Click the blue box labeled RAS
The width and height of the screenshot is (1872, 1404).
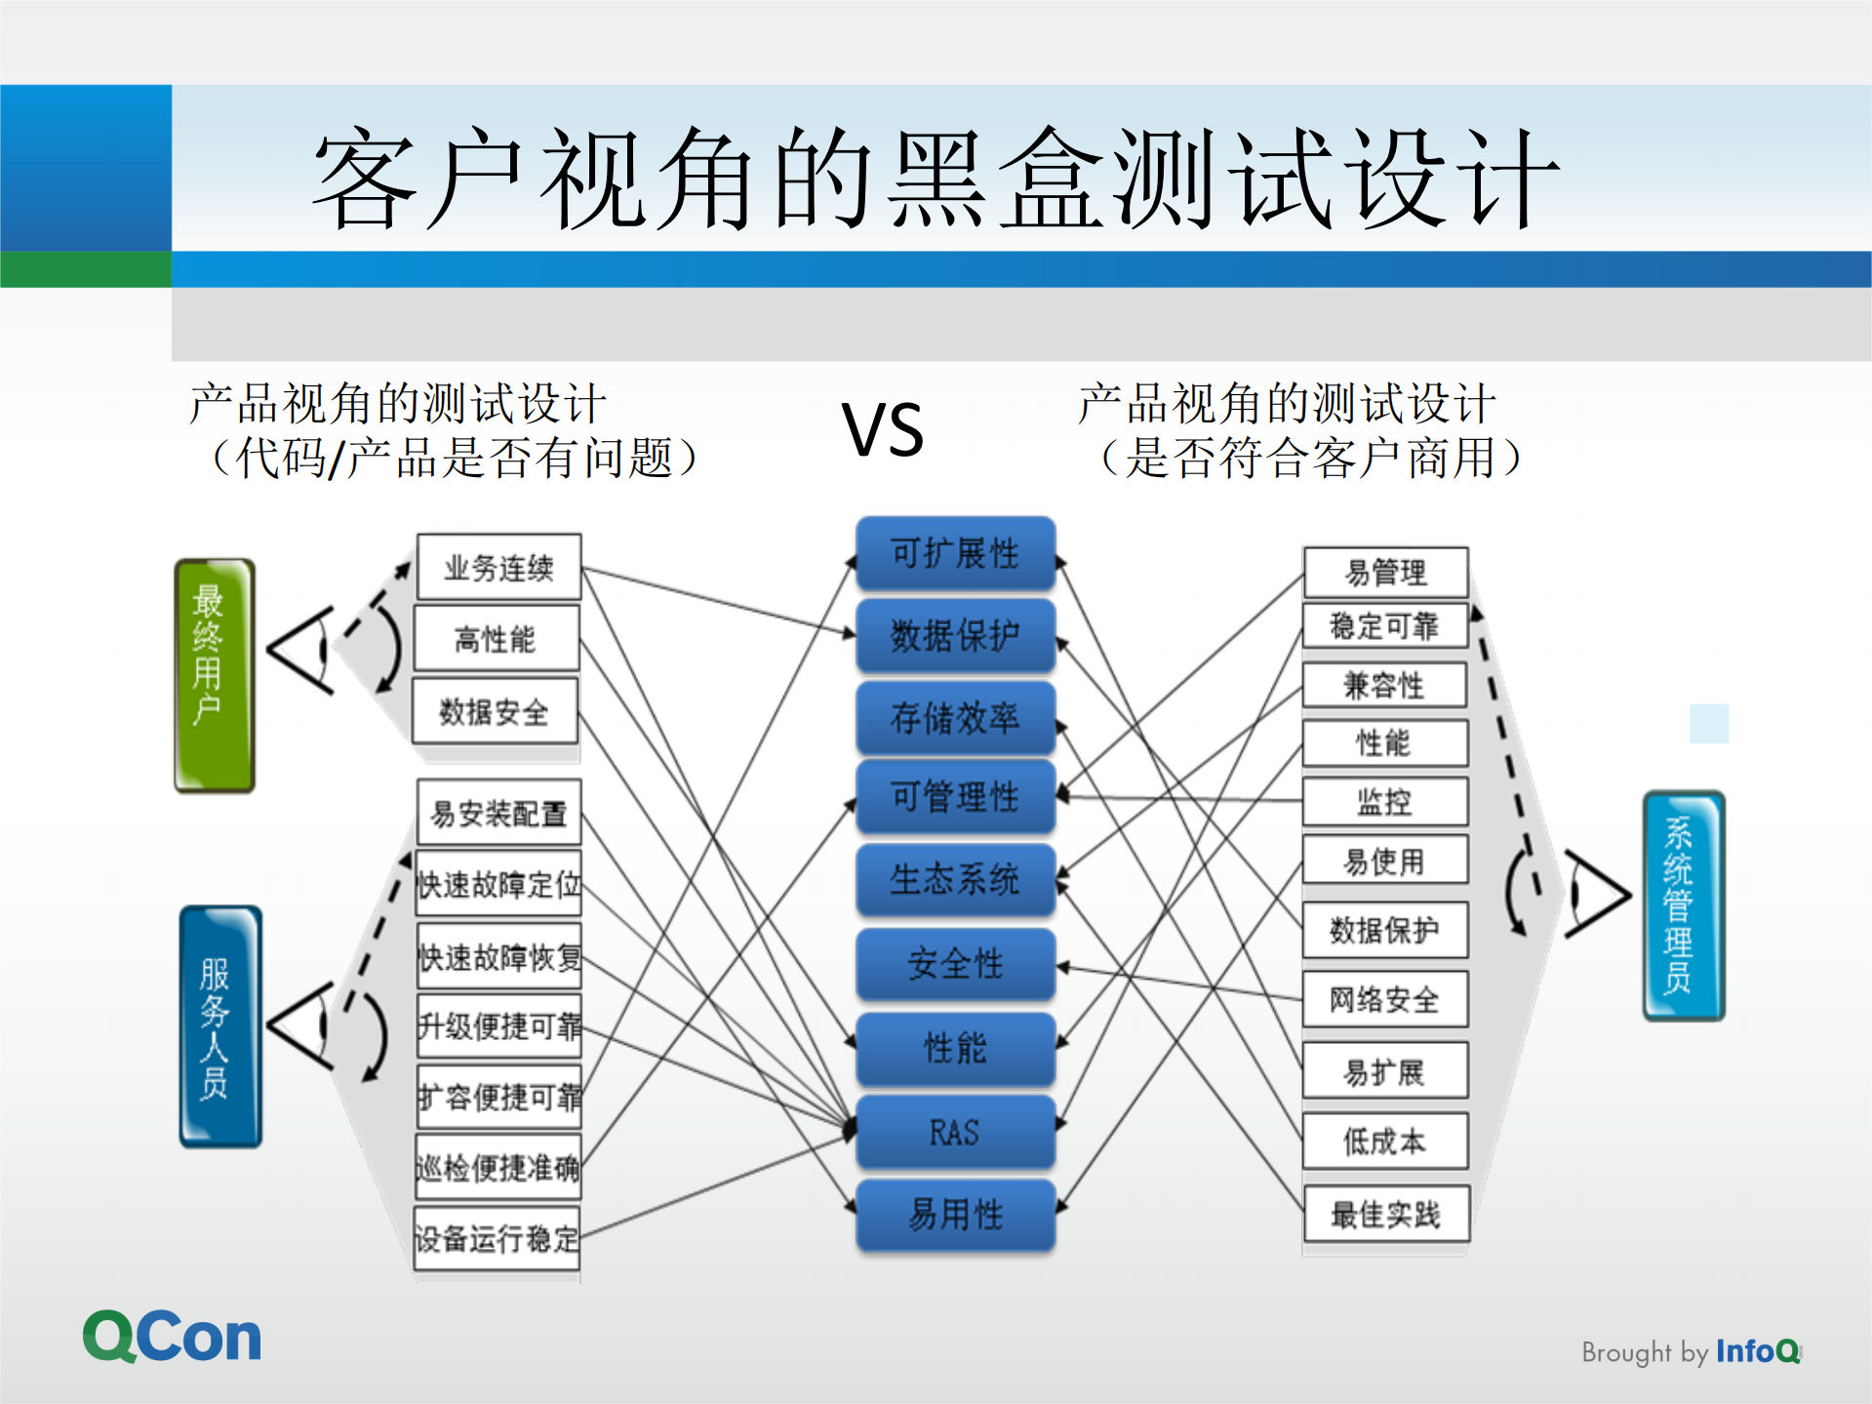coord(955,1132)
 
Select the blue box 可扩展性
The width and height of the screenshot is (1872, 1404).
coord(955,553)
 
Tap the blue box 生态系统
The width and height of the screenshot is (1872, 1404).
coord(955,879)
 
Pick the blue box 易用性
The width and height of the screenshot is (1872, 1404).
coord(955,1215)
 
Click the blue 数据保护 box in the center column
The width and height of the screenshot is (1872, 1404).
coord(955,635)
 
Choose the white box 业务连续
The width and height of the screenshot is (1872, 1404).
coord(498,567)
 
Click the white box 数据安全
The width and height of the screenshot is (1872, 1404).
coord(495,711)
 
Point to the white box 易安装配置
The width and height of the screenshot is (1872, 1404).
coord(498,812)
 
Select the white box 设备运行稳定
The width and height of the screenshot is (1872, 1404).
coord(497,1239)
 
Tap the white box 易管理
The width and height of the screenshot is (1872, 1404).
coord(1385,572)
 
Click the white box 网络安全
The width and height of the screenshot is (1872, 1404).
coord(1385,999)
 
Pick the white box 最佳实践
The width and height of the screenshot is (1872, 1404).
coord(1385,1215)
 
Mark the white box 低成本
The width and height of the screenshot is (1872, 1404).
coord(1385,1141)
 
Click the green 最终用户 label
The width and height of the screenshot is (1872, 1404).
coord(214,674)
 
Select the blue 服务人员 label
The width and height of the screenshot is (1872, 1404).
coord(220,1026)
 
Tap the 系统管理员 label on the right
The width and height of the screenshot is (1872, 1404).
coord(1684,905)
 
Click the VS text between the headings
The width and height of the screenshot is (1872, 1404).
coord(883,430)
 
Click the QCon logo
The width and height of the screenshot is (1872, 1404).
coord(172,1337)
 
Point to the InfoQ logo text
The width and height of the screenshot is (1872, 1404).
coord(1756,1351)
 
